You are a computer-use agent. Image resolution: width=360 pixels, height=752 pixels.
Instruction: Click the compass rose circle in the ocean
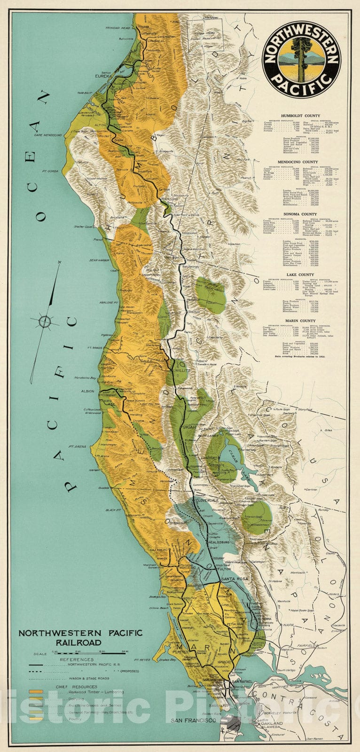pos(45,321)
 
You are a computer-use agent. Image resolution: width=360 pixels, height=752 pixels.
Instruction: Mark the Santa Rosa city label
pos(232,578)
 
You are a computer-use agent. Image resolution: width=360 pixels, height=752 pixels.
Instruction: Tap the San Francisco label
pos(193,720)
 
